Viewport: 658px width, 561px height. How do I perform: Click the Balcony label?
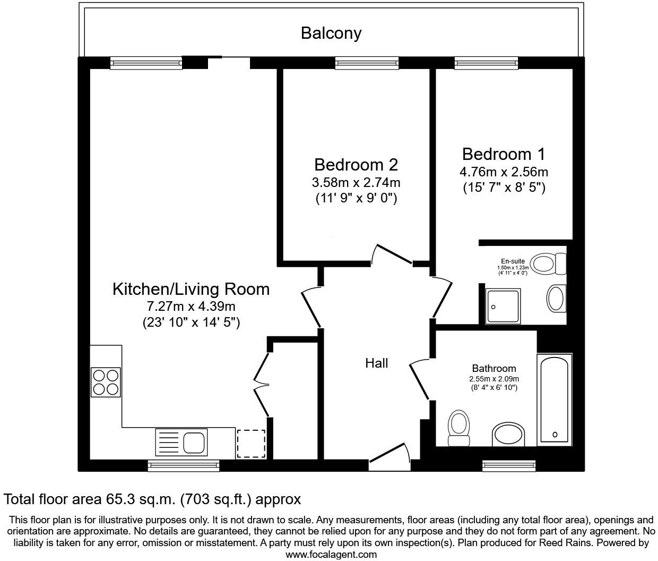331,33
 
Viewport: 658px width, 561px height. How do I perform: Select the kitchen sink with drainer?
181,443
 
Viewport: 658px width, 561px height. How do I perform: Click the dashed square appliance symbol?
250,444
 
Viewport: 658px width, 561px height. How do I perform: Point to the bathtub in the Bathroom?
555,399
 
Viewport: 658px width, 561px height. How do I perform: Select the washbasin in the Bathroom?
508,435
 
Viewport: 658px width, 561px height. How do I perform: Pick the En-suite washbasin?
556,299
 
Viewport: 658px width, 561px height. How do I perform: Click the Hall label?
376,363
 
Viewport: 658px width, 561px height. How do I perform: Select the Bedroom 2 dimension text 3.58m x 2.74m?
356,183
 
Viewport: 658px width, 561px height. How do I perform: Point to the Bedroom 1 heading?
503,154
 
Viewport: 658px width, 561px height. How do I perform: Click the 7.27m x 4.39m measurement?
191,307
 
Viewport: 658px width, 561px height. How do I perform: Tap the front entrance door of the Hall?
390,456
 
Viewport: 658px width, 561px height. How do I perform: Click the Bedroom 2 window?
367,63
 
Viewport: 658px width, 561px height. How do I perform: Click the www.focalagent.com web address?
331,555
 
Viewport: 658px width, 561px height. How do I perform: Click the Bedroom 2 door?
393,254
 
